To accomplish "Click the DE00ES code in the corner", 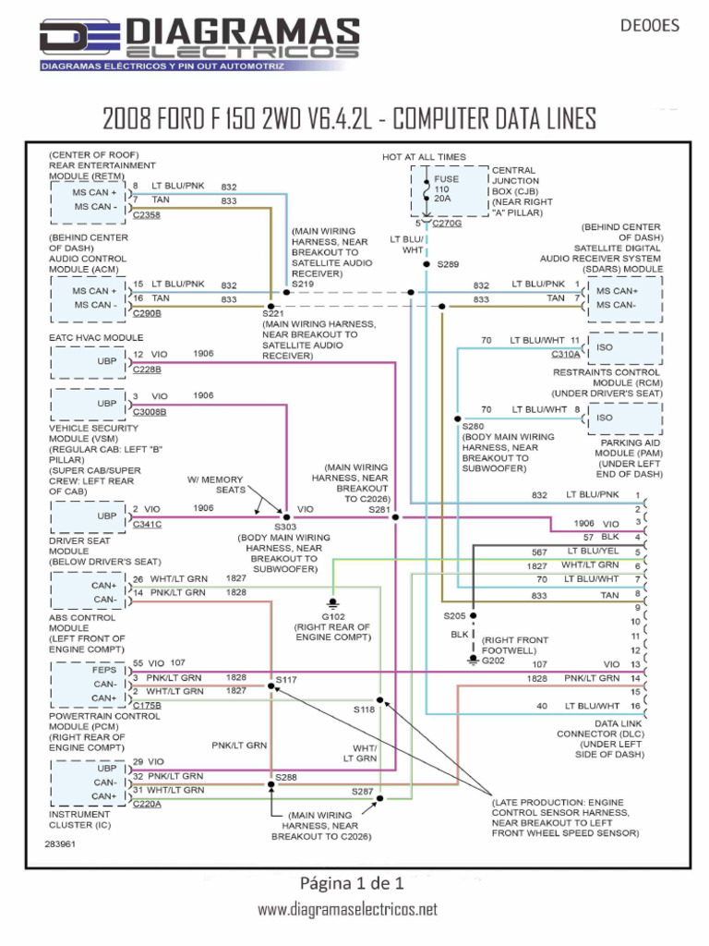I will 652,26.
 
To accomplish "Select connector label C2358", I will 146,214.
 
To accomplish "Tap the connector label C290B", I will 146,313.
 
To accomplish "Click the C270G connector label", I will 448,224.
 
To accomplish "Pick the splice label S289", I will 448,264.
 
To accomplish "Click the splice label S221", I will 274,314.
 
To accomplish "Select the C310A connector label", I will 565,354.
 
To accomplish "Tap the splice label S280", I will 473,426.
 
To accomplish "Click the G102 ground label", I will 332,615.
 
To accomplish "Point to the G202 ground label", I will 494,660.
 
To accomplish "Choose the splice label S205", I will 454,615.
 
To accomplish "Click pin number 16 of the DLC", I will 635,706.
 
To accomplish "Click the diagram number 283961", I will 61,844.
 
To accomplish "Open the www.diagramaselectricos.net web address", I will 347,910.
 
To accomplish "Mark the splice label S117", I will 286,679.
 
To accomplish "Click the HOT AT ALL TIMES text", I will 424,157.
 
